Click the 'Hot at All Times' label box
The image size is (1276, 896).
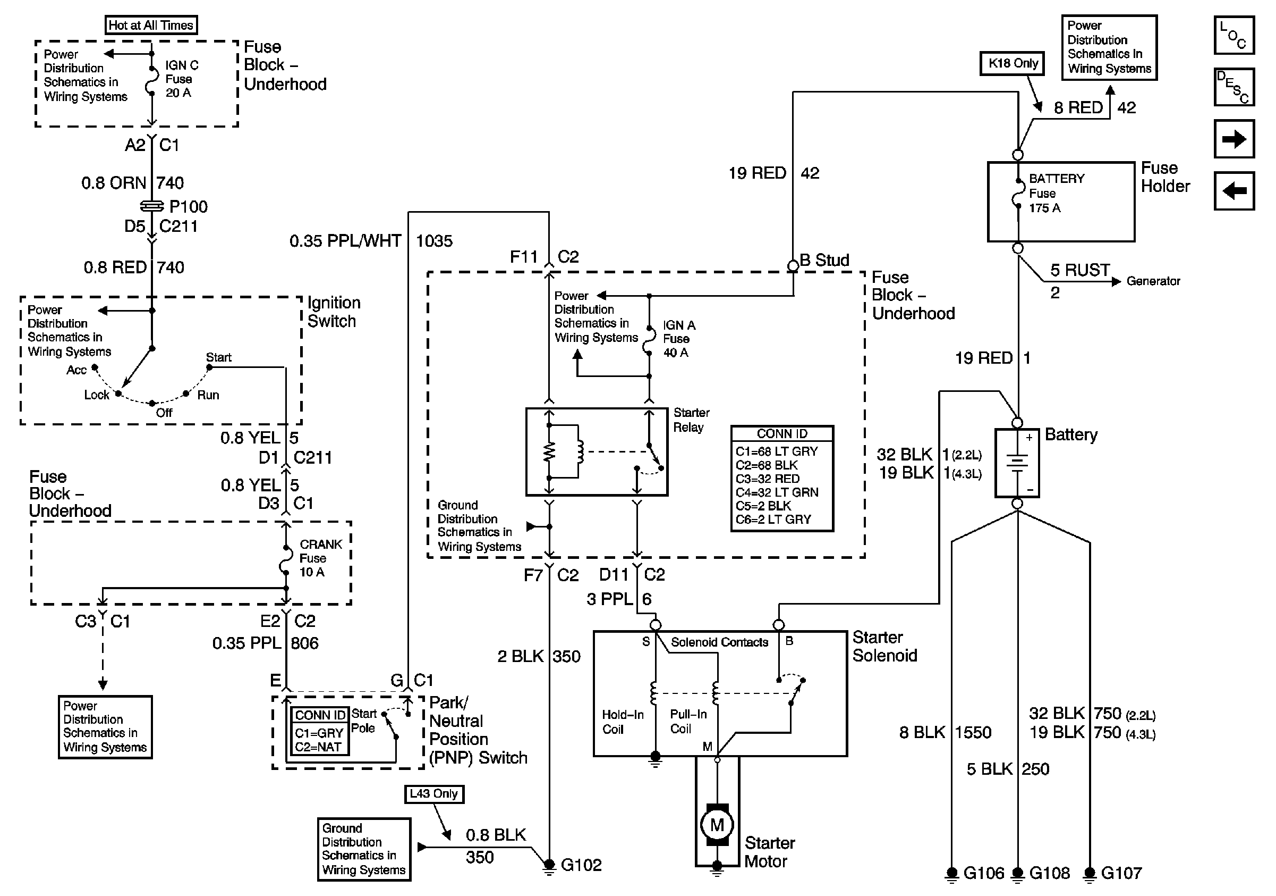coord(151,25)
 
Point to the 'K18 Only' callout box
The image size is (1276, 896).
coord(1013,63)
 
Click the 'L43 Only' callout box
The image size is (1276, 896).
coord(433,794)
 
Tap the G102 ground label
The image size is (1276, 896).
coord(581,865)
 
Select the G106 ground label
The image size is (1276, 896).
coord(984,873)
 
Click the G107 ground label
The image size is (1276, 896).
coord(1121,873)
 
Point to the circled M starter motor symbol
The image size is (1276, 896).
coord(717,825)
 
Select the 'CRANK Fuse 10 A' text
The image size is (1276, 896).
coord(321,558)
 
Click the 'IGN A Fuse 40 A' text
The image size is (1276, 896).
coord(678,339)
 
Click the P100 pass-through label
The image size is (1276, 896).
coord(189,207)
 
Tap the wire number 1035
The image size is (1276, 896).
coord(434,241)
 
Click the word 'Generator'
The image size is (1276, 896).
coord(1153,281)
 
